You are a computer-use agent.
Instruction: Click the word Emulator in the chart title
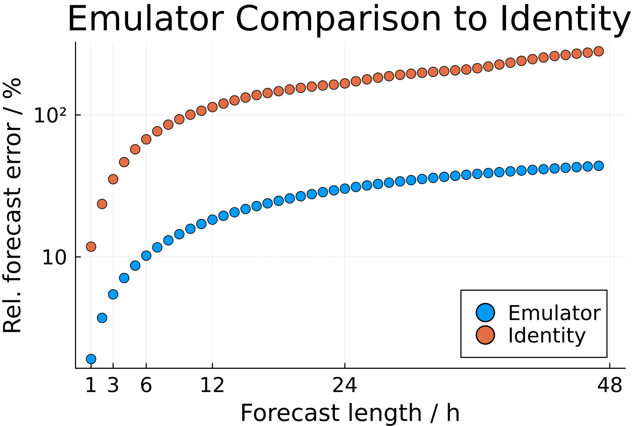tap(145, 19)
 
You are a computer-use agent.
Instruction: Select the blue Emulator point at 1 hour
tap(91, 359)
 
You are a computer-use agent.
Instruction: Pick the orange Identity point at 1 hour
tap(91, 247)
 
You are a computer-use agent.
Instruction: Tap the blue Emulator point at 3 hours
tap(113, 294)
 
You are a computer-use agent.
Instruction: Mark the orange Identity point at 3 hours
tap(113, 179)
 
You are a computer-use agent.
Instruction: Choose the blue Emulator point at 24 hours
tap(345, 188)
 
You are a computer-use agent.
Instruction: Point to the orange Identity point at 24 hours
tap(345, 84)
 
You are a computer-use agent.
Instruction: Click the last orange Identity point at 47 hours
tap(599, 51)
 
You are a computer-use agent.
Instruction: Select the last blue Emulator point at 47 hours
tap(599, 166)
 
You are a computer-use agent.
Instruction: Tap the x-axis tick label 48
tap(610, 385)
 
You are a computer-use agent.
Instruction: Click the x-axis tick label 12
tap(212, 385)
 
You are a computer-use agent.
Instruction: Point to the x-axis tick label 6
tap(146, 385)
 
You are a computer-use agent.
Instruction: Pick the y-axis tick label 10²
tap(50, 115)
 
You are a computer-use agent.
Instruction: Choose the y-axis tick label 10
tap(54, 258)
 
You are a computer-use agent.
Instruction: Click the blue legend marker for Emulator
tap(485, 313)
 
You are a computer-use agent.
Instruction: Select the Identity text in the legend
tap(547, 336)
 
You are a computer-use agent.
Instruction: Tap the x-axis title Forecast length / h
tap(350, 413)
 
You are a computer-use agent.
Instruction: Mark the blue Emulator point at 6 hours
tap(146, 256)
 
